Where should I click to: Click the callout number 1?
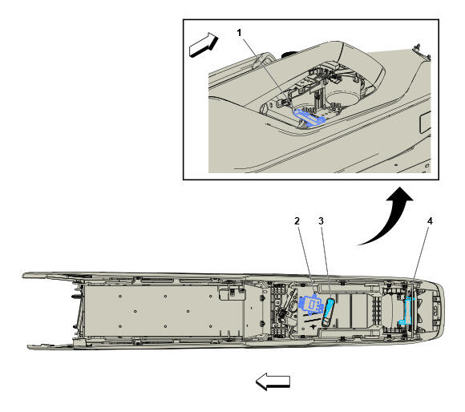click(240, 33)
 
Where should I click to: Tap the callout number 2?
click(297, 221)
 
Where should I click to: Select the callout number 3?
click(321, 221)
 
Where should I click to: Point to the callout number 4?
click(430, 221)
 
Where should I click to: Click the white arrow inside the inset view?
click(204, 45)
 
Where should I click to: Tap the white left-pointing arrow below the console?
click(273, 382)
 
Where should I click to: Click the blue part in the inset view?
click(309, 118)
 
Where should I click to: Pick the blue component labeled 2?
click(311, 305)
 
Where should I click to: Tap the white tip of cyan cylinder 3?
click(325, 321)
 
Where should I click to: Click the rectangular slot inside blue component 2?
click(313, 304)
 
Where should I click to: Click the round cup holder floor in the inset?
click(342, 98)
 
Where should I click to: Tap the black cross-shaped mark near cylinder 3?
click(313, 326)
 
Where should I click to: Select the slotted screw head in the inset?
click(264, 109)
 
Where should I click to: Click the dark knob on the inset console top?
click(288, 55)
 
